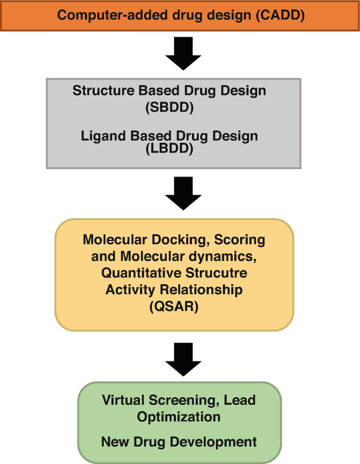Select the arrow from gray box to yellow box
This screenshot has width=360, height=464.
point(183,193)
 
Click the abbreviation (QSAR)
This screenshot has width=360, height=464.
point(174,307)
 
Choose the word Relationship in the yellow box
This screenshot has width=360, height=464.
point(201,290)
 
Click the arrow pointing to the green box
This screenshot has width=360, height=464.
point(183,358)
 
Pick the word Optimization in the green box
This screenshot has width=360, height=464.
point(178,417)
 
